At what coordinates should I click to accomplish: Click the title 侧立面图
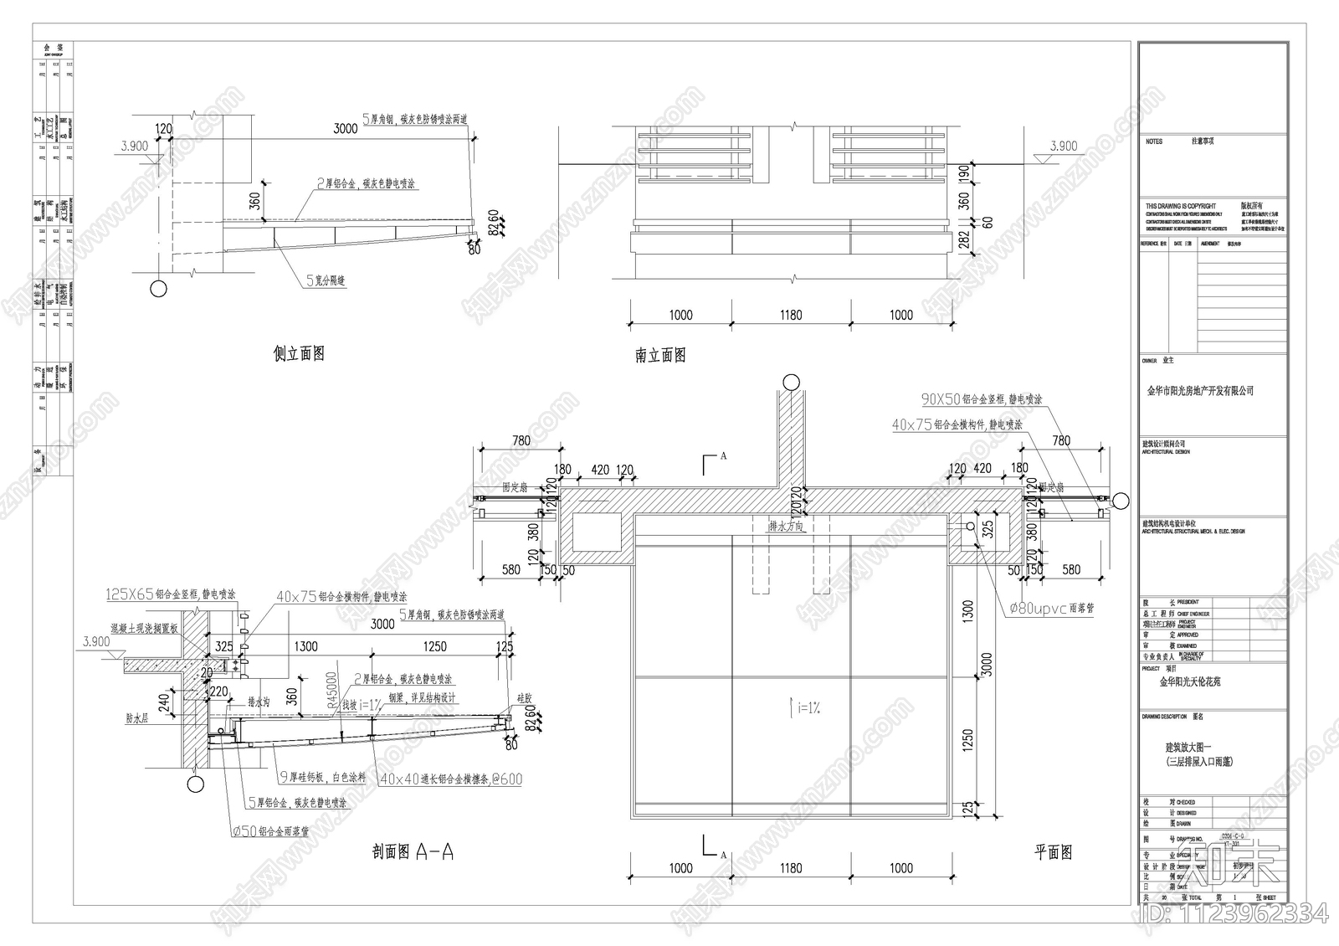pos(299,354)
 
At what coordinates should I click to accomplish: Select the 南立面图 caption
pos(660,356)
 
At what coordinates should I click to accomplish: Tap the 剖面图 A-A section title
pos(413,852)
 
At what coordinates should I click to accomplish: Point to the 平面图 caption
pos(1053,852)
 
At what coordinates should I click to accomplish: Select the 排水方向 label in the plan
pos(786,527)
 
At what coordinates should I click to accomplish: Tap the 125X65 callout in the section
pos(171,594)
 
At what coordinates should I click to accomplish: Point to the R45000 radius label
pos(332,691)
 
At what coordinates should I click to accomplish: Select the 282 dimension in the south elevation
pos(964,243)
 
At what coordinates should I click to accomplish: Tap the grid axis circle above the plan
pos(791,382)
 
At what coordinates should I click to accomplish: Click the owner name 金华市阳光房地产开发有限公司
pos(1199,391)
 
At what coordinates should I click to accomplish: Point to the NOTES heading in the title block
pos(1154,142)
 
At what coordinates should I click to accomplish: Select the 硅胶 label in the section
pos(525,697)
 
